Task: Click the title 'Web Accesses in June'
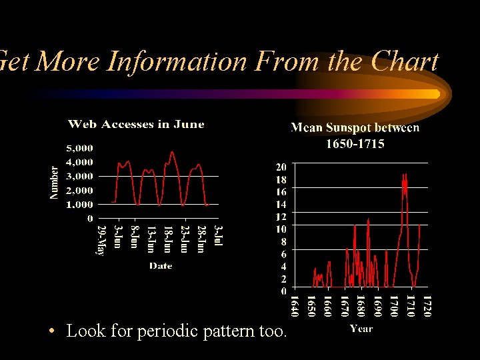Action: coord(136,124)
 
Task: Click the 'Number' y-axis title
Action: coord(55,182)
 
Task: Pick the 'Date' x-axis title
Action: coord(161,265)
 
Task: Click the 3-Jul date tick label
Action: coord(218,237)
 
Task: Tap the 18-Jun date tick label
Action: coord(168,239)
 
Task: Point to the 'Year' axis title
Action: coord(361,328)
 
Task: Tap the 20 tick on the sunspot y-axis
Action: coord(282,167)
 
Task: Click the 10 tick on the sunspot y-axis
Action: coord(282,229)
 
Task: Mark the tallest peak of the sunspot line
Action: coord(404,175)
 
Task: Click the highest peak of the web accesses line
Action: coord(172,153)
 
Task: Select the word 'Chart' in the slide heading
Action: coord(405,61)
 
